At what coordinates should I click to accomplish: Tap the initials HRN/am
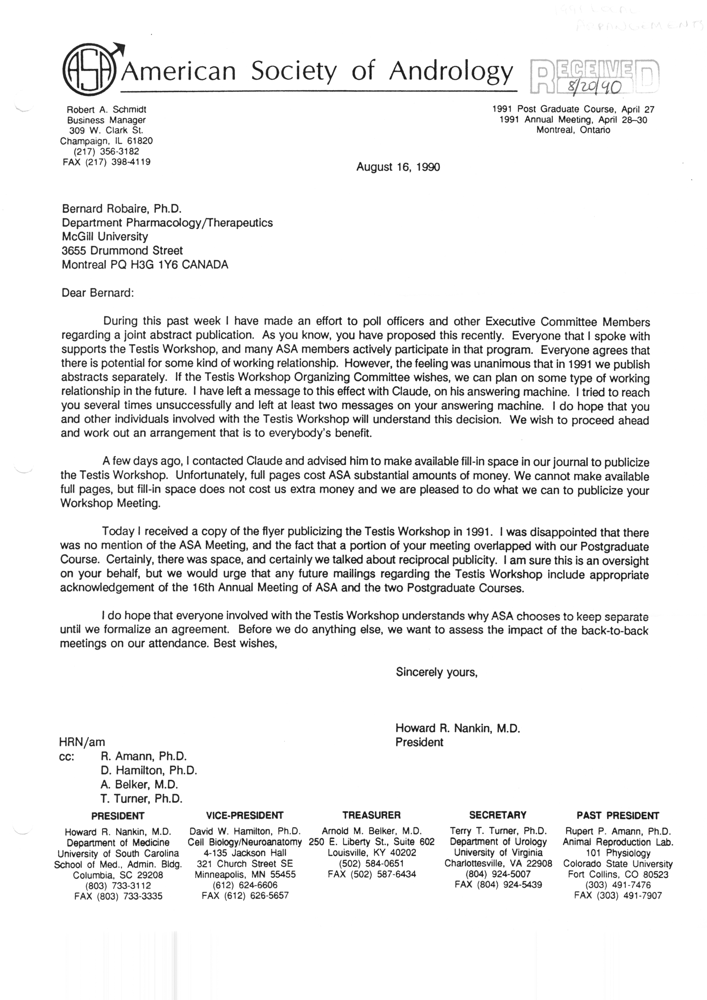coord(82,742)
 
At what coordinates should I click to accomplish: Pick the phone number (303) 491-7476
coord(618,885)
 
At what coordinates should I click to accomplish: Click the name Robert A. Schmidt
coord(106,110)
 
